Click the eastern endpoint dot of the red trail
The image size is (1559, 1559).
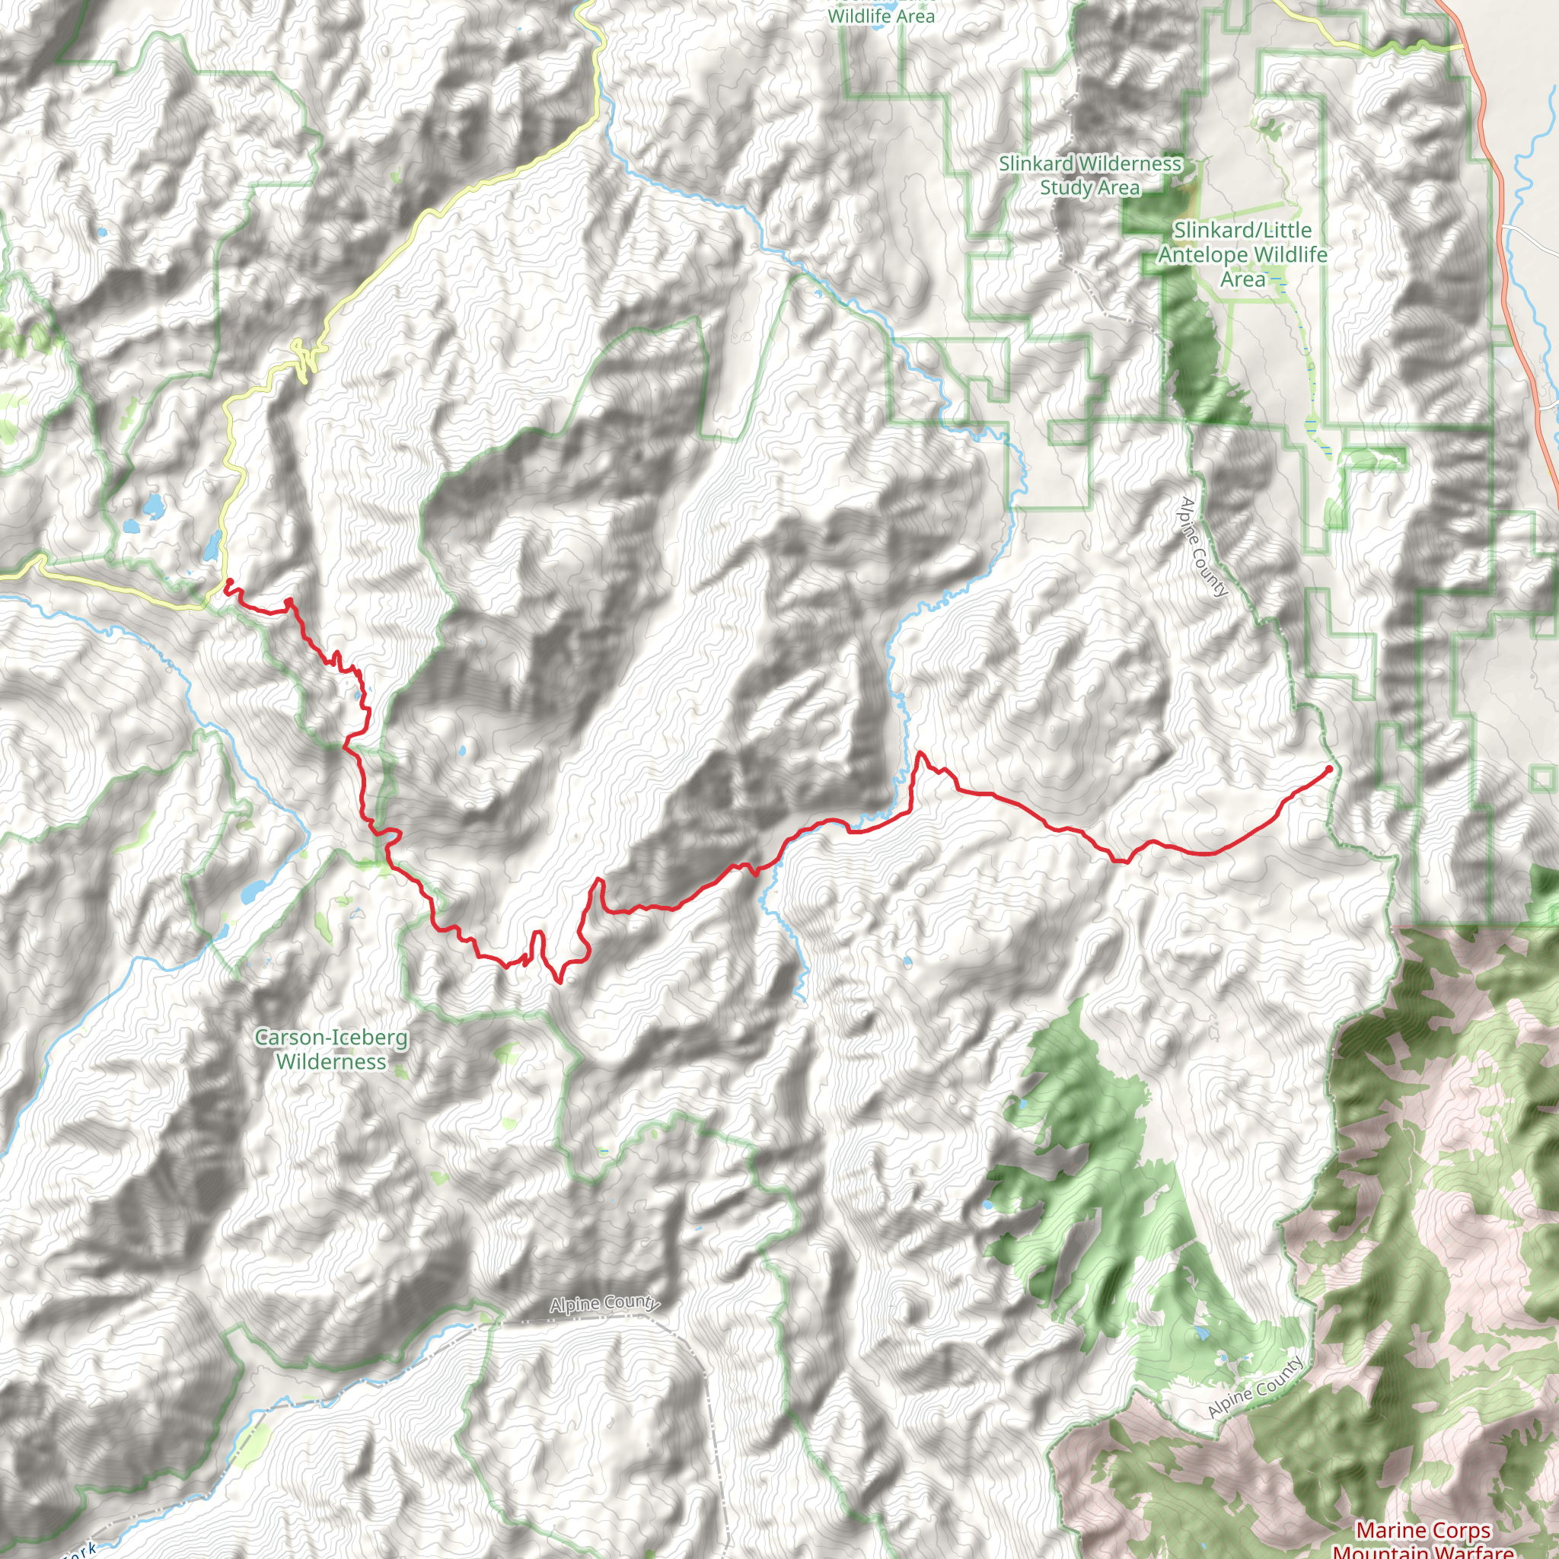1329,768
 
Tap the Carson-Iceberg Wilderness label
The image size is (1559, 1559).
331,1049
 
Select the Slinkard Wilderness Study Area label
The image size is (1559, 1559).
1089,175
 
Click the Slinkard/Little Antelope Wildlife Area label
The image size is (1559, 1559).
1242,254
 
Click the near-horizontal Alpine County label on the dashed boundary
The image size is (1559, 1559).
604,1304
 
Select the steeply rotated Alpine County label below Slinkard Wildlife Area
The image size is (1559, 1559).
1204,547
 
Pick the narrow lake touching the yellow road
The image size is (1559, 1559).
212,547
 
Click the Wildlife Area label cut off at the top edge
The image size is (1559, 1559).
881,14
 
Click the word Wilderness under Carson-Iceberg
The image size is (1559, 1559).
331,1062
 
